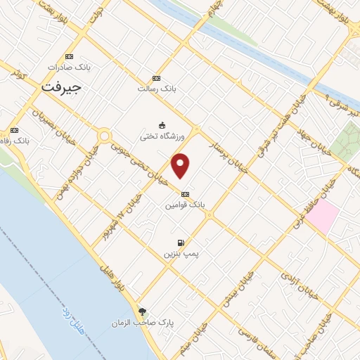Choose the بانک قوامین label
pyautogui.click(x=184, y=205)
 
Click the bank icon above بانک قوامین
pyautogui.click(x=185, y=194)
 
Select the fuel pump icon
pyautogui.click(x=181, y=240)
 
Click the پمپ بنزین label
pyautogui.click(x=179, y=251)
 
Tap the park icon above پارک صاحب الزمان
pyautogui.click(x=143, y=311)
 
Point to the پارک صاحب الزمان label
pyautogui.click(x=143, y=323)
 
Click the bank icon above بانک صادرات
pyautogui.click(x=69, y=56)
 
